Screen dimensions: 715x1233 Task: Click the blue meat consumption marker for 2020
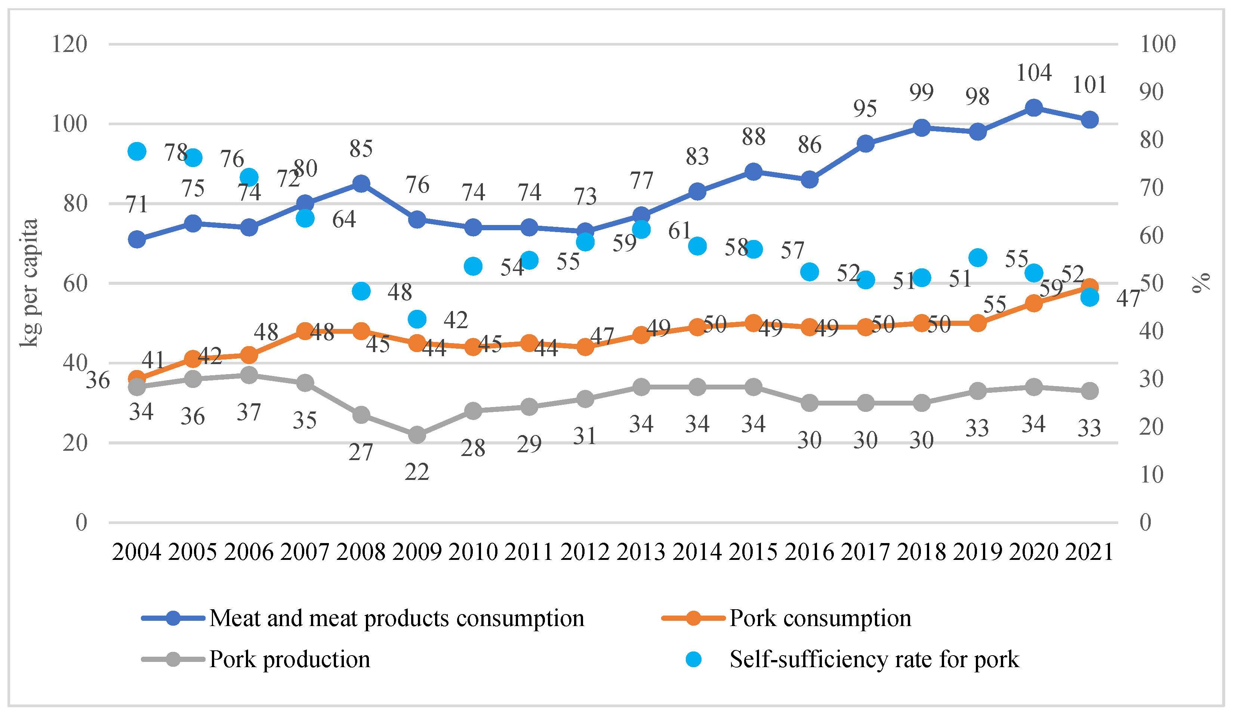coord(1033,108)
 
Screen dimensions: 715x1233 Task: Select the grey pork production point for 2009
coord(417,435)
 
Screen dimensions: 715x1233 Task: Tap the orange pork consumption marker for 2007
coord(305,331)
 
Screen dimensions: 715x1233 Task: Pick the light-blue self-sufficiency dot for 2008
coord(361,291)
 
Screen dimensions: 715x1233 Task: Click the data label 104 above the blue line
coord(1033,73)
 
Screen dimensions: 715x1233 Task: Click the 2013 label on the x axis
coord(641,552)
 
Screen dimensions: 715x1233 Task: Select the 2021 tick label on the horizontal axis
coord(1089,552)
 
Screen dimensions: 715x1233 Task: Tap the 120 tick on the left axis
coord(70,44)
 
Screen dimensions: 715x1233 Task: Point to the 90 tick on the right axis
coord(1151,92)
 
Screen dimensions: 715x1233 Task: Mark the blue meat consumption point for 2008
coord(361,184)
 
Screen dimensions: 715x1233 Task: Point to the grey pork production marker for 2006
coord(249,375)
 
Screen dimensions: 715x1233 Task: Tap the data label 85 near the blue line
coord(361,148)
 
